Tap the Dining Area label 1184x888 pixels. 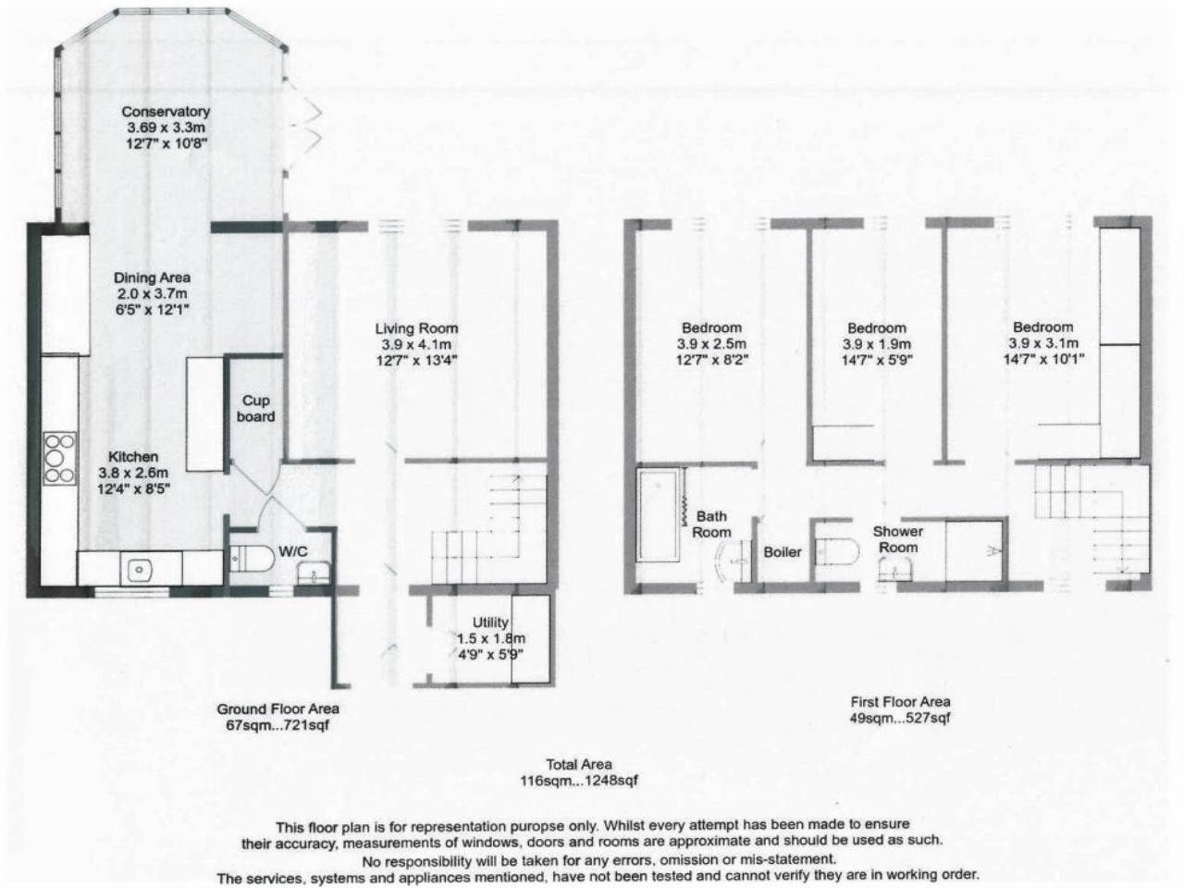(x=152, y=277)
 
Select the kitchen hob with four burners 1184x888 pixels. (x=58, y=458)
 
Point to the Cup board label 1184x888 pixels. (x=256, y=409)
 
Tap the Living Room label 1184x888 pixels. (x=416, y=328)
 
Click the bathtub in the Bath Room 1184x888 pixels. (x=660, y=515)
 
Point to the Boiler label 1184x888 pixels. (x=783, y=552)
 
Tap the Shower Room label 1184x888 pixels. (x=898, y=539)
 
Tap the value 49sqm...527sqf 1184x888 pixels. (x=900, y=718)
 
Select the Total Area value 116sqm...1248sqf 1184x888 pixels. (x=579, y=781)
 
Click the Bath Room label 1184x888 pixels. (x=711, y=524)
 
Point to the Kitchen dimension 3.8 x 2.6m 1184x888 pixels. (x=134, y=473)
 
